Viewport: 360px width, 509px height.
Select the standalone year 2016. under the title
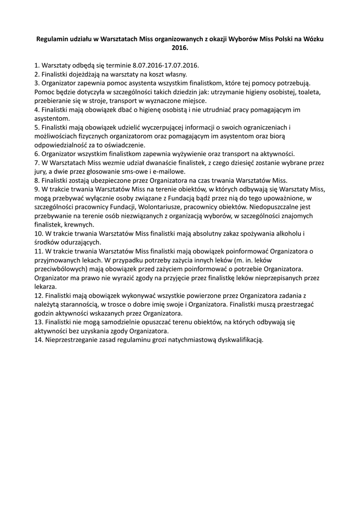click(x=180, y=48)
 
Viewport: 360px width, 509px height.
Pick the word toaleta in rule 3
click(x=310, y=92)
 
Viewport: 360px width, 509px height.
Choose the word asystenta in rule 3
click(x=139, y=83)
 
